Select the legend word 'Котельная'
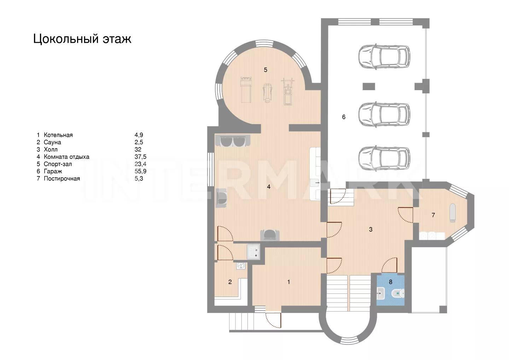[x=58, y=135]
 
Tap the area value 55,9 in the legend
[x=140, y=172]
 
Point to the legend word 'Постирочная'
[x=62, y=179]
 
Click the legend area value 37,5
[x=140, y=157]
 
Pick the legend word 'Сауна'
[x=52, y=142]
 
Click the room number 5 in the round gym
[x=265, y=70]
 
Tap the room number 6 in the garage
[x=344, y=117]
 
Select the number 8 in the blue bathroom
[x=390, y=282]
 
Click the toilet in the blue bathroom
[x=398, y=294]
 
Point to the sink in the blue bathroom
[x=381, y=294]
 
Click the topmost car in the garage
[x=384, y=57]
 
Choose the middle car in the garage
[x=384, y=114]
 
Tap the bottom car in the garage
[x=384, y=158]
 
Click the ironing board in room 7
[x=452, y=213]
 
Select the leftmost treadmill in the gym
[x=246, y=90]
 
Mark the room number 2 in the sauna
[x=230, y=282]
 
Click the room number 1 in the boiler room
[x=288, y=282]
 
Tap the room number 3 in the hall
[x=370, y=229]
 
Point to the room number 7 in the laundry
[x=433, y=215]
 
